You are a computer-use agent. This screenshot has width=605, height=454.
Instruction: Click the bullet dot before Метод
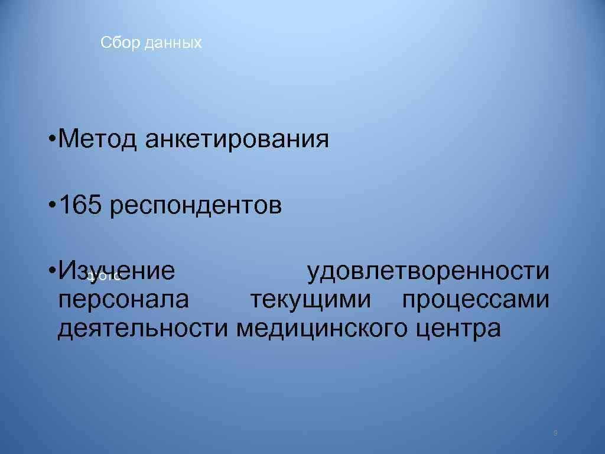coord(53,140)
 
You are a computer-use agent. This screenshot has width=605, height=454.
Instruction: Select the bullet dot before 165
coord(53,205)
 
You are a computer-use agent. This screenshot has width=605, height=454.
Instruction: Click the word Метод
coord(97,140)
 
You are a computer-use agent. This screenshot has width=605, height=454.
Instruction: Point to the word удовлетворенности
coord(428,271)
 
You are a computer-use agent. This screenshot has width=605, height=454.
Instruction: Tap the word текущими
coord(310,300)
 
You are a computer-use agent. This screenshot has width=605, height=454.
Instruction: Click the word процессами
coord(476,300)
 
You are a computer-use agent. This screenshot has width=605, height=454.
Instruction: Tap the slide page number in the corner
coord(556,433)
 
